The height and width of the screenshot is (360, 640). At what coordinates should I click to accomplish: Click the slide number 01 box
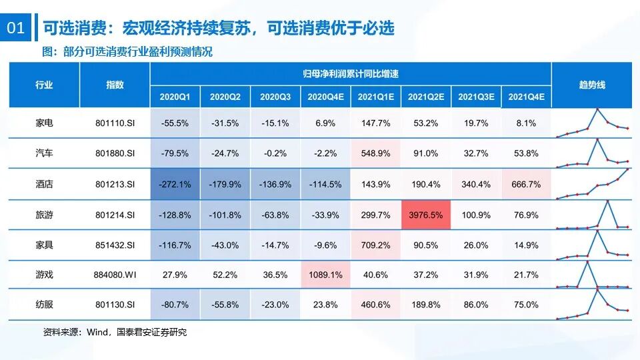point(15,29)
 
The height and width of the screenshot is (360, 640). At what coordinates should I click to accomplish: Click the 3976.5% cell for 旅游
point(425,215)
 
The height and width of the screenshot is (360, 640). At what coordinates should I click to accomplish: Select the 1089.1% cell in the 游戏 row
point(325,274)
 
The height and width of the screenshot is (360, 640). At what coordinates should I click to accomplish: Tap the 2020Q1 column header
point(175,97)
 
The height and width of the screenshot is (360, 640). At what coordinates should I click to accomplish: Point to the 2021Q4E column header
point(526,97)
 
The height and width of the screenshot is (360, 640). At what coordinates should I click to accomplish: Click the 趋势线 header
point(591,85)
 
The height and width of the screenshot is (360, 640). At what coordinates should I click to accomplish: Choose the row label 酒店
point(44,184)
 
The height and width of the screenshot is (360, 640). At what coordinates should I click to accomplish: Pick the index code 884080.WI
point(115,274)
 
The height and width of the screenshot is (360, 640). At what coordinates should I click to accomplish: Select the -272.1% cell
point(175,184)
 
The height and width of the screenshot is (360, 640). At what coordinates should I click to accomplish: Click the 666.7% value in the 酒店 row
point(526,184)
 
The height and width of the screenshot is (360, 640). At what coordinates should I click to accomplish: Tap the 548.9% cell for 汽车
point(375,153)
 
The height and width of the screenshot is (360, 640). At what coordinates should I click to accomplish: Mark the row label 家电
point(44,123)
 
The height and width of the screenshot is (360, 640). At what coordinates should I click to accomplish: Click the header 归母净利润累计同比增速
point(350,74)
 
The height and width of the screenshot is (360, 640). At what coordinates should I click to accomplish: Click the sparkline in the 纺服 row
point(591,304)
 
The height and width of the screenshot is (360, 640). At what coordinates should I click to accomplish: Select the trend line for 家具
point(591,244)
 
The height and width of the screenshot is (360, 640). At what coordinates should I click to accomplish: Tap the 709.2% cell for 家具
point(375,245)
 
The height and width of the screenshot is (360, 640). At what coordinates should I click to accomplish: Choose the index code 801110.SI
point(115,123)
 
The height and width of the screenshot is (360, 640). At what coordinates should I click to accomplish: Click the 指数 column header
point(115,85)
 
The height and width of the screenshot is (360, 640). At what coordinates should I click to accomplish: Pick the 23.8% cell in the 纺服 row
point(325,305)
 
